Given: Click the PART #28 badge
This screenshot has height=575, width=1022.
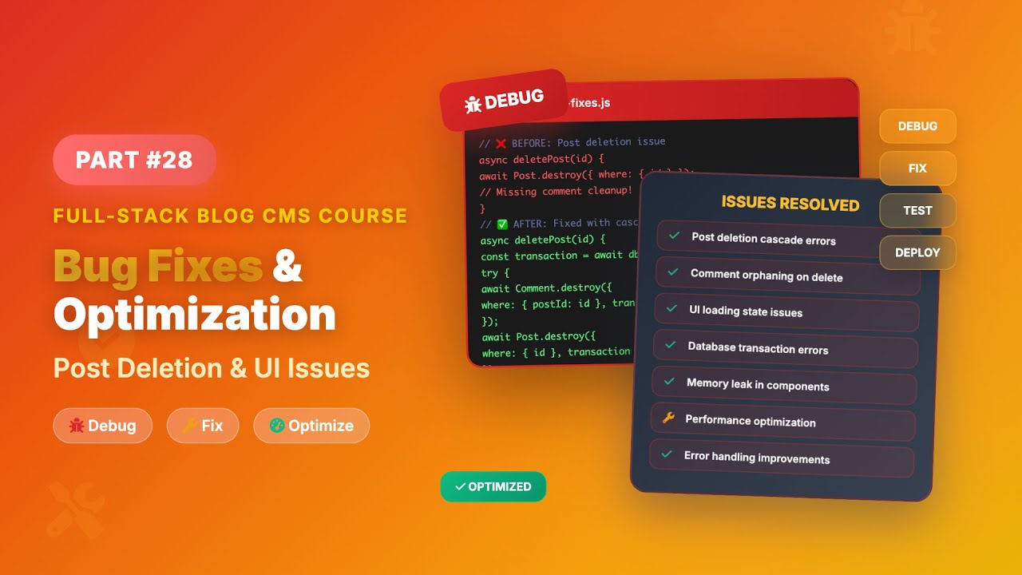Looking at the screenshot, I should [134, 160].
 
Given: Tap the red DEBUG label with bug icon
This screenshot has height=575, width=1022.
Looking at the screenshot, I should [504, 101].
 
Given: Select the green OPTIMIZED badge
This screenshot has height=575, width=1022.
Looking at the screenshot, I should [493, 486].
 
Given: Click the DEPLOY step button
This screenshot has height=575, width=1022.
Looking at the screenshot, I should [917, 252].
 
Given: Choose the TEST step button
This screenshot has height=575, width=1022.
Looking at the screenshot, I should [917, 210].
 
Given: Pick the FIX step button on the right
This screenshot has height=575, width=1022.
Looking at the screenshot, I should [917, 169].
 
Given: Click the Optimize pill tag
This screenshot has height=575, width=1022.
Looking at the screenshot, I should [311, 426].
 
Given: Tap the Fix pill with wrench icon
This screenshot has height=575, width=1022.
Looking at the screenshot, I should [203, 426].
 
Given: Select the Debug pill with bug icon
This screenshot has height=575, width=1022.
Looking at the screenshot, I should [102, 426].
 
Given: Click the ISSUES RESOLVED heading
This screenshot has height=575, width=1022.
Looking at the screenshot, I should [790, 203].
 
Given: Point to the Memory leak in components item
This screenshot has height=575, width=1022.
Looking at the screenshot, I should [757, 385].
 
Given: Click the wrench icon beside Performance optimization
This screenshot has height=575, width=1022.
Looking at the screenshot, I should [668, 418].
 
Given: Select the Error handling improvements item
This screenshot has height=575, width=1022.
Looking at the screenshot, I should [756, 458].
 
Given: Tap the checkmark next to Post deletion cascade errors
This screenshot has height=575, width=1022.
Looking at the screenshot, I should [675, 236].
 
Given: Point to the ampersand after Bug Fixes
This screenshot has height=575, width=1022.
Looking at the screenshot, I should [287, 266].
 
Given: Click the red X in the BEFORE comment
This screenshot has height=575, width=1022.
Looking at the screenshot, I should [501, 144].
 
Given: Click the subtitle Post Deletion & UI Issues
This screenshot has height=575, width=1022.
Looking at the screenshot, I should [212, 368].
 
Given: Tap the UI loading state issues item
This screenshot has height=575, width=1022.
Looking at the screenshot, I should [745, 311].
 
